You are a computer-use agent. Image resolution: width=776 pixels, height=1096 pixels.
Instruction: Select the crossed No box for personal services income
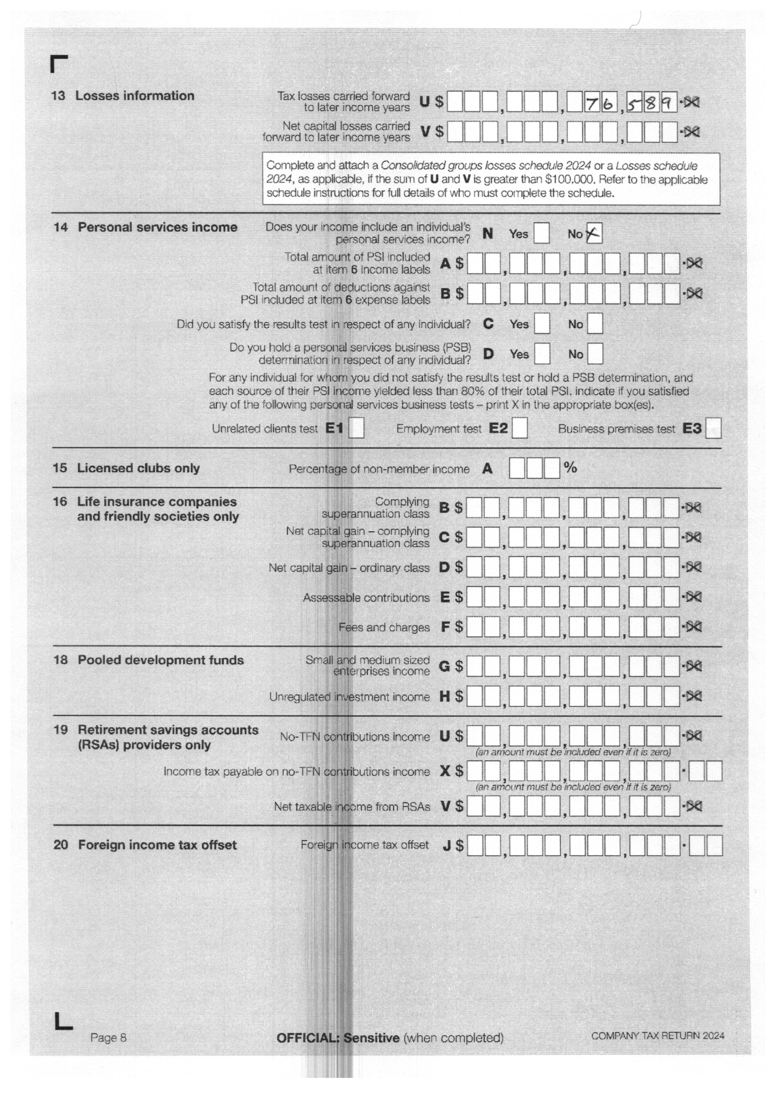click(x=594, y=234)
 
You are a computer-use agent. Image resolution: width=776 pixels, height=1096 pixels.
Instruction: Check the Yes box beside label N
click(x=541, y=234)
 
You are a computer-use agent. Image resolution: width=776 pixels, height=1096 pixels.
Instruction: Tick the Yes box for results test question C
click(x=542, y=324)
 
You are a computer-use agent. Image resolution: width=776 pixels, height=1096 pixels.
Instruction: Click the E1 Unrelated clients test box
click(x=356, y=428)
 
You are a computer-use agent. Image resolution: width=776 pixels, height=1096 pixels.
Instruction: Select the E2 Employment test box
click(x=520, y=428)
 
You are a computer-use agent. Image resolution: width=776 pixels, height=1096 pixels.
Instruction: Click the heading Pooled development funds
click(x=161, y=660)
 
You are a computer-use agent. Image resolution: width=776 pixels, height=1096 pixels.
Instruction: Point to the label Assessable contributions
click(x=366, y=598)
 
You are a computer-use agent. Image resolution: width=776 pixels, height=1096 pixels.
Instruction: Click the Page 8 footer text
click(x=109, y=1037)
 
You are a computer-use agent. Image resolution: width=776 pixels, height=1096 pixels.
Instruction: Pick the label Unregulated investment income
click(x=349, y=697)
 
